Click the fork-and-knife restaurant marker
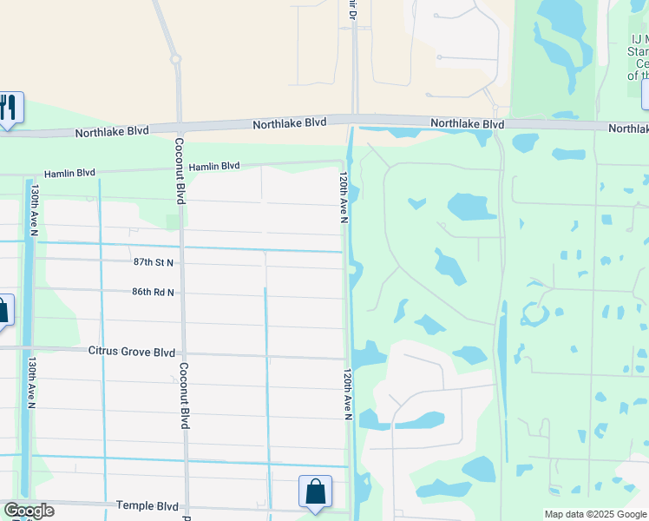[9, 107]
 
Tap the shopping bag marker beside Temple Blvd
[315, 491]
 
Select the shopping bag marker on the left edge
[3, 310]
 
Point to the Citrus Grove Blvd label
[131, 352]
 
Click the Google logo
[29, 511]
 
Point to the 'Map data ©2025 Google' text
[595, 514]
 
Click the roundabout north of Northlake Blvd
[175, 59]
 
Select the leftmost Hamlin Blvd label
[73, 173]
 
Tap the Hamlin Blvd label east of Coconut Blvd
[214, 166]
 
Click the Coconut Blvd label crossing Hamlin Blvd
[180, 170]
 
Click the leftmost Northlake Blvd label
[112, 132]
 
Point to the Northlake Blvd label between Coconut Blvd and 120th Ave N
[290, 124]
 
